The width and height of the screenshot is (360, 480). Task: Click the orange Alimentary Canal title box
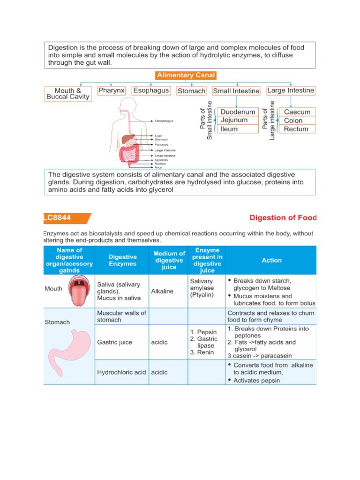click(186, 75)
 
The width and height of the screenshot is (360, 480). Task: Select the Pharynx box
click(112, 90)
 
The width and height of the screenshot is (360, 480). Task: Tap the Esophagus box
click(151, 90)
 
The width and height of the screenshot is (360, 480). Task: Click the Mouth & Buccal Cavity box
click(67, 93)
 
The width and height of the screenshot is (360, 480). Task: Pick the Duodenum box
click(238, 112)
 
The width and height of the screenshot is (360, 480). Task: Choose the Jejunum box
click(238, 120)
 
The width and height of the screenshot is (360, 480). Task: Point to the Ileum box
click(238, 129)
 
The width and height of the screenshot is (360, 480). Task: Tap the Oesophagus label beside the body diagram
click(164, 121)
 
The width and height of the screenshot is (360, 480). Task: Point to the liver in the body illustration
click(127, 139)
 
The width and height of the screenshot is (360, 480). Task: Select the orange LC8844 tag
click(66, 218)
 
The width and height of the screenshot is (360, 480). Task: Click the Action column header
click(271, 260)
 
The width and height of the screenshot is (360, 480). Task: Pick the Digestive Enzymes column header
click(122, 260)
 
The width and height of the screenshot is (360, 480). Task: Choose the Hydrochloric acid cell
click(121, 372)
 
